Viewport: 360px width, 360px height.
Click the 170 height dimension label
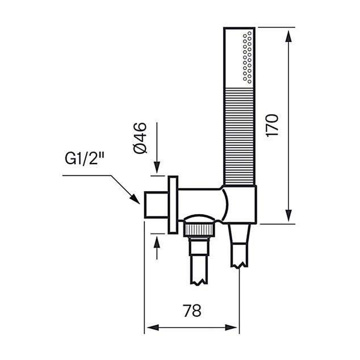273,125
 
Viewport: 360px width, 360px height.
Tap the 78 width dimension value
192,311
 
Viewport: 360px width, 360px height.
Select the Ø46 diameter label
140,138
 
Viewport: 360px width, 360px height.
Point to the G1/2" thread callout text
85,158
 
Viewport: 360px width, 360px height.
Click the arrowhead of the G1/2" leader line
135,199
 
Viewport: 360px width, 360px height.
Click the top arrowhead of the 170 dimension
288,36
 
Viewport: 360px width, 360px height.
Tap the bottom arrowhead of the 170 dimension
288,216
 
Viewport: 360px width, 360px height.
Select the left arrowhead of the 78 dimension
153,328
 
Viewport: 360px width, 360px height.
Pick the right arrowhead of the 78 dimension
231,328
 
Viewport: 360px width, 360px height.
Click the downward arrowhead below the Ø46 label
157,168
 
